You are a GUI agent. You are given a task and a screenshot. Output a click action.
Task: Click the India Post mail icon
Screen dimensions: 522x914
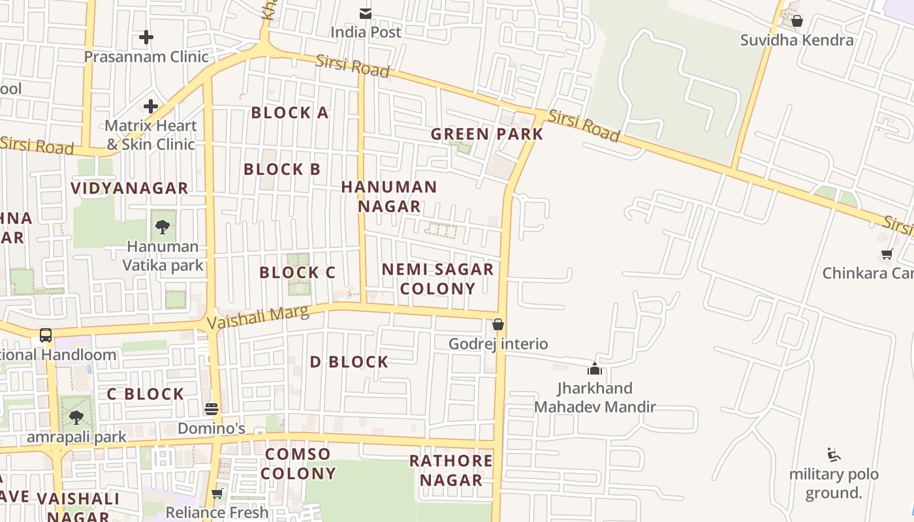366,13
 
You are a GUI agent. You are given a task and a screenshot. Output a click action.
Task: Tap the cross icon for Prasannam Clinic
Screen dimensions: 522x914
146,37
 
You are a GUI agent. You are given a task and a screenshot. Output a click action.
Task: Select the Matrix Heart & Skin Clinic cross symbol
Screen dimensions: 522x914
151,106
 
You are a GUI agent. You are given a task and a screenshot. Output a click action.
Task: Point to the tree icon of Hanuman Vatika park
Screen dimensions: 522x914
163,227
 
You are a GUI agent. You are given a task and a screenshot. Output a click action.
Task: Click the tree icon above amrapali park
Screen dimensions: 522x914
76,417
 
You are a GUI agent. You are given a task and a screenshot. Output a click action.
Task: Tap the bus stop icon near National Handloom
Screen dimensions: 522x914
46,335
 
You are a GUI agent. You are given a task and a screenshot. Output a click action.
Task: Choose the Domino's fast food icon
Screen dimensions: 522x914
211,409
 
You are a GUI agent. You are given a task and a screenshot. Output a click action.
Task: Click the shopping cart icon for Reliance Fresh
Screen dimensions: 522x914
217,493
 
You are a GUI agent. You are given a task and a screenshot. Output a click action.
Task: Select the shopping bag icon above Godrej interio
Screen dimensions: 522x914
498,324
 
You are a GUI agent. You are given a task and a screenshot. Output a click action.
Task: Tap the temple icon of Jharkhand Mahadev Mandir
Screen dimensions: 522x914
595,369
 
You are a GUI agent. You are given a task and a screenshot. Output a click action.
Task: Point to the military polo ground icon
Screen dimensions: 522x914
834,455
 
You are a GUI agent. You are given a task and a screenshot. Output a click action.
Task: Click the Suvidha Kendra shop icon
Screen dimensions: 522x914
796,21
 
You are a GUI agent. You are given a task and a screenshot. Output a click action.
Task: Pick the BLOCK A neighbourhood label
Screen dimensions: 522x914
290,113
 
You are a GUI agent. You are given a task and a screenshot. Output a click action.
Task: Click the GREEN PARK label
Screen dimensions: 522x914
487,134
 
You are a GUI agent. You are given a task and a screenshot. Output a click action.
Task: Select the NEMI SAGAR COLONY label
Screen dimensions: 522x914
437,279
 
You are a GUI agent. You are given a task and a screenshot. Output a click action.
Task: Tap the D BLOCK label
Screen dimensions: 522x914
349,361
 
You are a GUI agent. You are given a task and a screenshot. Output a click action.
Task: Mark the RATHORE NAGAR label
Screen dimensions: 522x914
451,470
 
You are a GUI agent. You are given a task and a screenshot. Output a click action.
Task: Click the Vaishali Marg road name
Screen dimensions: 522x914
257,318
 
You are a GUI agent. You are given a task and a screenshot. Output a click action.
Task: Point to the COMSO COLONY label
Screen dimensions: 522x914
298,463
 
